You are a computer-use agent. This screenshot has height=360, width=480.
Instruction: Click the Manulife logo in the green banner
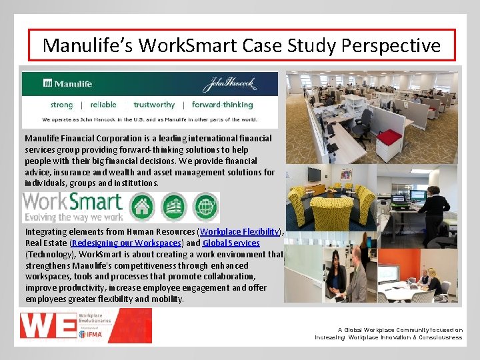point(68,83)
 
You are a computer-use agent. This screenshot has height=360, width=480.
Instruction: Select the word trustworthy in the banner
point(154,105)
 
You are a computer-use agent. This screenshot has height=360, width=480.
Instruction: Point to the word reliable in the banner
point(103,105)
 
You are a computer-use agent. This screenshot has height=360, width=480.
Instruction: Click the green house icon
point(141,207)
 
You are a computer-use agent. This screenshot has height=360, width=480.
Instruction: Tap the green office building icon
point(174,207)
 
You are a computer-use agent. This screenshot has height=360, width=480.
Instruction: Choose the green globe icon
point(205,207)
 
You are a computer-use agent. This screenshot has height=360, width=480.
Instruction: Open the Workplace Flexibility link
point(239,231)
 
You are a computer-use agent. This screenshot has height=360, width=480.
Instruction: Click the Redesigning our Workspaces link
point(126,243)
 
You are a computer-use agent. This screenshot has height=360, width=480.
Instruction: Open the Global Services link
point(231,243)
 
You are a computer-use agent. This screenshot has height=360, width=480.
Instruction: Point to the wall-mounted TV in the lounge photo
point(314,175)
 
